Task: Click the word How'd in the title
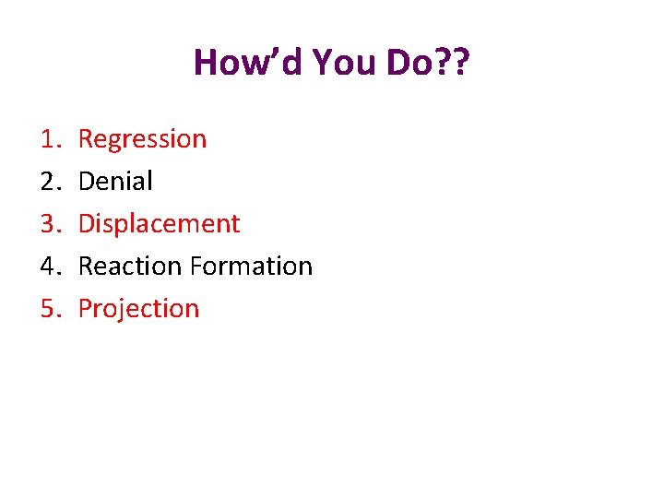click(248, 64)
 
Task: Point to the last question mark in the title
click(460, 64)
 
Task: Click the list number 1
click(50, 139)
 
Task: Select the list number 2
click(50, 182)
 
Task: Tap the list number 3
click(50, 224)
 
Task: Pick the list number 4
click(50, 267)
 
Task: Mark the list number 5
click(50, 309)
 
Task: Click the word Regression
click(142, 139)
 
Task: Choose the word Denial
click(115, 182)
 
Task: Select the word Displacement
click(159, 224)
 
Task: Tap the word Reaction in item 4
click(130, 267)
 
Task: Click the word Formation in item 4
click(251, 267)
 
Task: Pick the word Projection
click(138, 309)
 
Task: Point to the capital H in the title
click(206, 64)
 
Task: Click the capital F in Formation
click(196, 267)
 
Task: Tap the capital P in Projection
click(85, 309)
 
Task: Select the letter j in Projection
click(119, 311)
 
